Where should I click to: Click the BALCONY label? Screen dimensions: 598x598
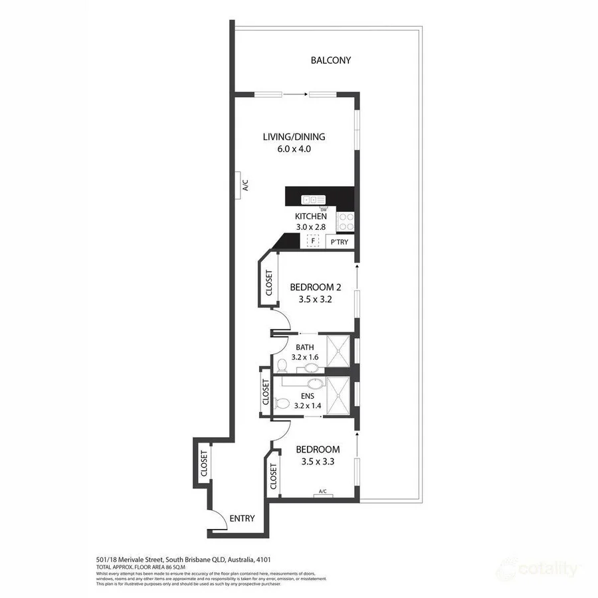330,60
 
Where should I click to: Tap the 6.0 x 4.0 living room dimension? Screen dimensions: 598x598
293,149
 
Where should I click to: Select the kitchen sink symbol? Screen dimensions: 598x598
312,199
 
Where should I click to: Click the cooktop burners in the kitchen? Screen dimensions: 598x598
346,221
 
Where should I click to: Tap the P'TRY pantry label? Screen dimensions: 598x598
339,243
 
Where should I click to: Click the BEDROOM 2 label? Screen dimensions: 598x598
315,288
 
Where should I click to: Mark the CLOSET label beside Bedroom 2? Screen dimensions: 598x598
268,282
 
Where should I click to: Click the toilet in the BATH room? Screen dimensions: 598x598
282,365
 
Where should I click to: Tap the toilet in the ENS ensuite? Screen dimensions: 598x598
282,403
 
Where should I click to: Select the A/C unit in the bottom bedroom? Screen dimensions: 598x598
323,492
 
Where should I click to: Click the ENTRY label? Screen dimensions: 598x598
242,519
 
